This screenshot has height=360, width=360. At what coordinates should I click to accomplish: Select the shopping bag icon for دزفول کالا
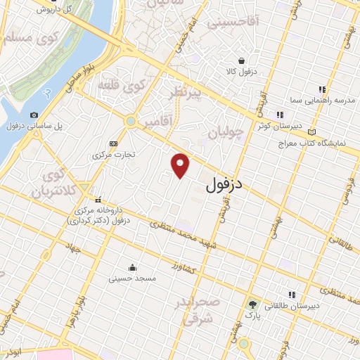tap(241, 60)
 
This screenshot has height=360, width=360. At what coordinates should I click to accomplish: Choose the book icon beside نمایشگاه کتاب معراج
tap(311, 131)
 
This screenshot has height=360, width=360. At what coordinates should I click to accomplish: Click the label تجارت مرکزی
tap(114, 154)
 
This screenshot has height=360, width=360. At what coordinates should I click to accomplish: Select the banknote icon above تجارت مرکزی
tap(114, 143)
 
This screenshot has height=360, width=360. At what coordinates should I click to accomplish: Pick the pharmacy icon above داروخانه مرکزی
tap(98, 199)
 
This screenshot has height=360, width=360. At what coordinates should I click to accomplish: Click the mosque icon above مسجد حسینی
tap(132, 267)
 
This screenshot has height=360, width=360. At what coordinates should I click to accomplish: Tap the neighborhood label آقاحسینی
tap(234, 23)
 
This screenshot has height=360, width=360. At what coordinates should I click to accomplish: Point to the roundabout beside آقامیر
tap(130, 122)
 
